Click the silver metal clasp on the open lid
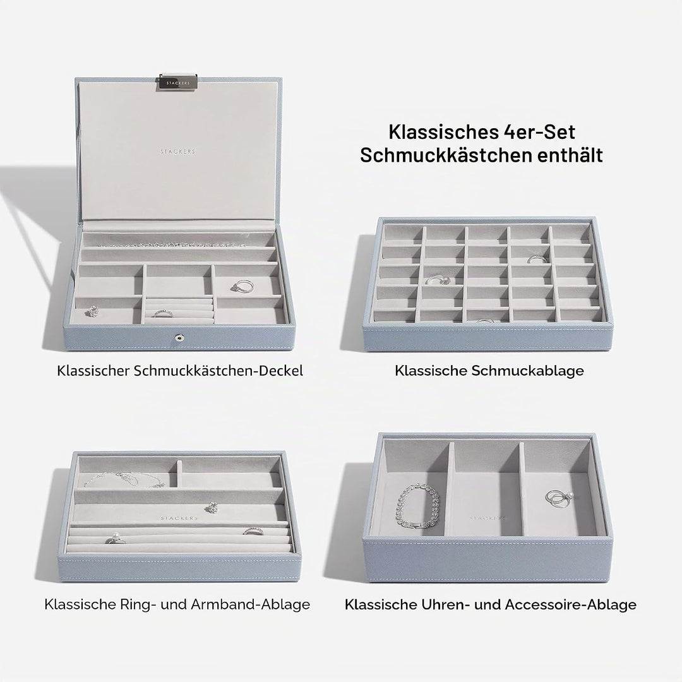178,83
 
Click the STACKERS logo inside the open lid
178,152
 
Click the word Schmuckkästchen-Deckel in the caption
218,371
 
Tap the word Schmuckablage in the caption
527,371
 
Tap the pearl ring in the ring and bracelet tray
116,539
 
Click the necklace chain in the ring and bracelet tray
124,480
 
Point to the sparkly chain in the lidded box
174,244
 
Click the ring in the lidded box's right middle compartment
242,286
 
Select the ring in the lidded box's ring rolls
162,313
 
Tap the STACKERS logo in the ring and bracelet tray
179,518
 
